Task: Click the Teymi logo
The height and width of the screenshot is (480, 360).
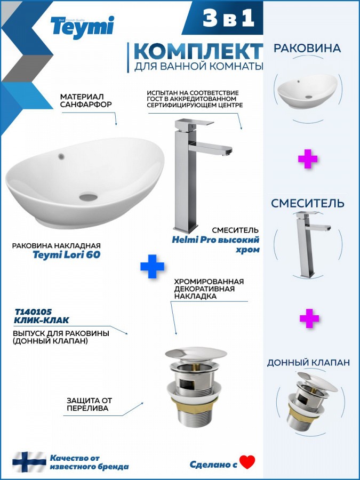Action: [x=82, y=27]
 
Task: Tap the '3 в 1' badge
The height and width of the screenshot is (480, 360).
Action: [x=228, y=18]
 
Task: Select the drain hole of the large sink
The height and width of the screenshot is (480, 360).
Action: [x=89, y=197]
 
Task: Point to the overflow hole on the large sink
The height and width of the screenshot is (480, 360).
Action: [x=61, y=157]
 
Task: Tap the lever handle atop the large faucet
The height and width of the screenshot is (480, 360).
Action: [x=194, y=123]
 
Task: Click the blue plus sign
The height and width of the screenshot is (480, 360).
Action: [x=152, y=266]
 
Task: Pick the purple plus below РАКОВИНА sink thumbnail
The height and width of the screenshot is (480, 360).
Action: [x=308, y=159]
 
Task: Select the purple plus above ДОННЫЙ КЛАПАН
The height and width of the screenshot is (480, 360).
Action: [x=309, y=318]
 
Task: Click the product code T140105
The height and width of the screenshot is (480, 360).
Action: [x=34, y=312]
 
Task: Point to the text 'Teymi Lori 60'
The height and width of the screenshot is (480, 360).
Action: [x=67, y=255]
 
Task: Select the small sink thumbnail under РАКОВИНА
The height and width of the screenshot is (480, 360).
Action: [x=307, y=91]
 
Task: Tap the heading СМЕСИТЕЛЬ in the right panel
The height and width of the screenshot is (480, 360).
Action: [x=308, y=203]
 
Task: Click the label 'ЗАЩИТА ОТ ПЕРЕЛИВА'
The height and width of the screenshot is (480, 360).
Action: [x=90, y=404]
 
